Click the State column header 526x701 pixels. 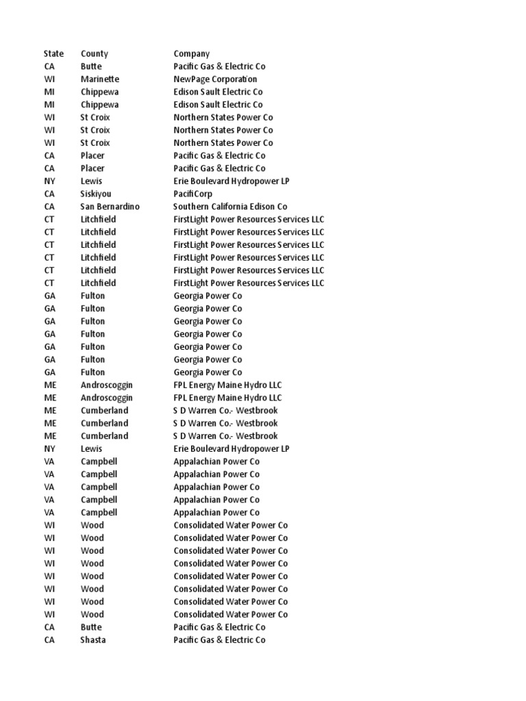click(53, 53)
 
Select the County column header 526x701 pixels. click(94, 53)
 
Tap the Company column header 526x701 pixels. click(192, 53)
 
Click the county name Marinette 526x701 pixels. click(99, 79)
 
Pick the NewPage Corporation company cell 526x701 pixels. click(216, 79)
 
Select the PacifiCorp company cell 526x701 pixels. click(193, 194)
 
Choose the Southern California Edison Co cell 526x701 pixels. click(230, 206)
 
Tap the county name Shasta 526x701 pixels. click(93, 640)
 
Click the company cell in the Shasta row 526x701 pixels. click(219, 640)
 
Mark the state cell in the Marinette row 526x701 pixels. click(49, 79)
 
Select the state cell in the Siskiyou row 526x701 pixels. click(49, 194)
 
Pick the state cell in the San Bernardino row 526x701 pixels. click(49, 206)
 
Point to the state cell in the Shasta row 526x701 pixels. click(49, 640)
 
